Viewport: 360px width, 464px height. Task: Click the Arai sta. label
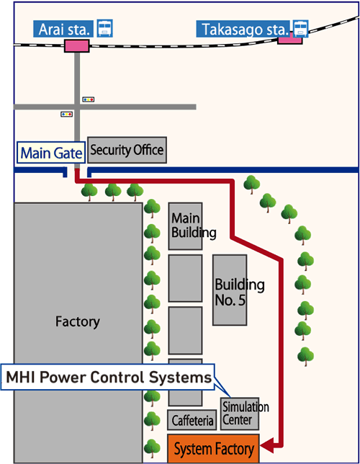[63, 30]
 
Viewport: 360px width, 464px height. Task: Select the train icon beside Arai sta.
[105, 29]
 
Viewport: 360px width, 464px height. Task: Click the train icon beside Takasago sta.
[300, 28]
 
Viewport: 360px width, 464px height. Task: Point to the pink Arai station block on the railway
[76, 45]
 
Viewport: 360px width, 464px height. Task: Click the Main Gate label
[50, 152]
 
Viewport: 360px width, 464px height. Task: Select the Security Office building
[126, 150]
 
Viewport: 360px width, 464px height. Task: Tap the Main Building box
[185, 226]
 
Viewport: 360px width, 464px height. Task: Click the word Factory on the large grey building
[77, 321]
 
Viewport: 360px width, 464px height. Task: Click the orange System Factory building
[214, 450]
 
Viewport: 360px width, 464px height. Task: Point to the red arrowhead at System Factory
[265, 447]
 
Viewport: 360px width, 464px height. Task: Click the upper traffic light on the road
[88, 99]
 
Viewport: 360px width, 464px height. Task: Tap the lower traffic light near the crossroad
[66, 114]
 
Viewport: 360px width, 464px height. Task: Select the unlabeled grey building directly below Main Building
[185, 278]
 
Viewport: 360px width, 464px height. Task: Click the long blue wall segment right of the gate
[222, 171]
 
